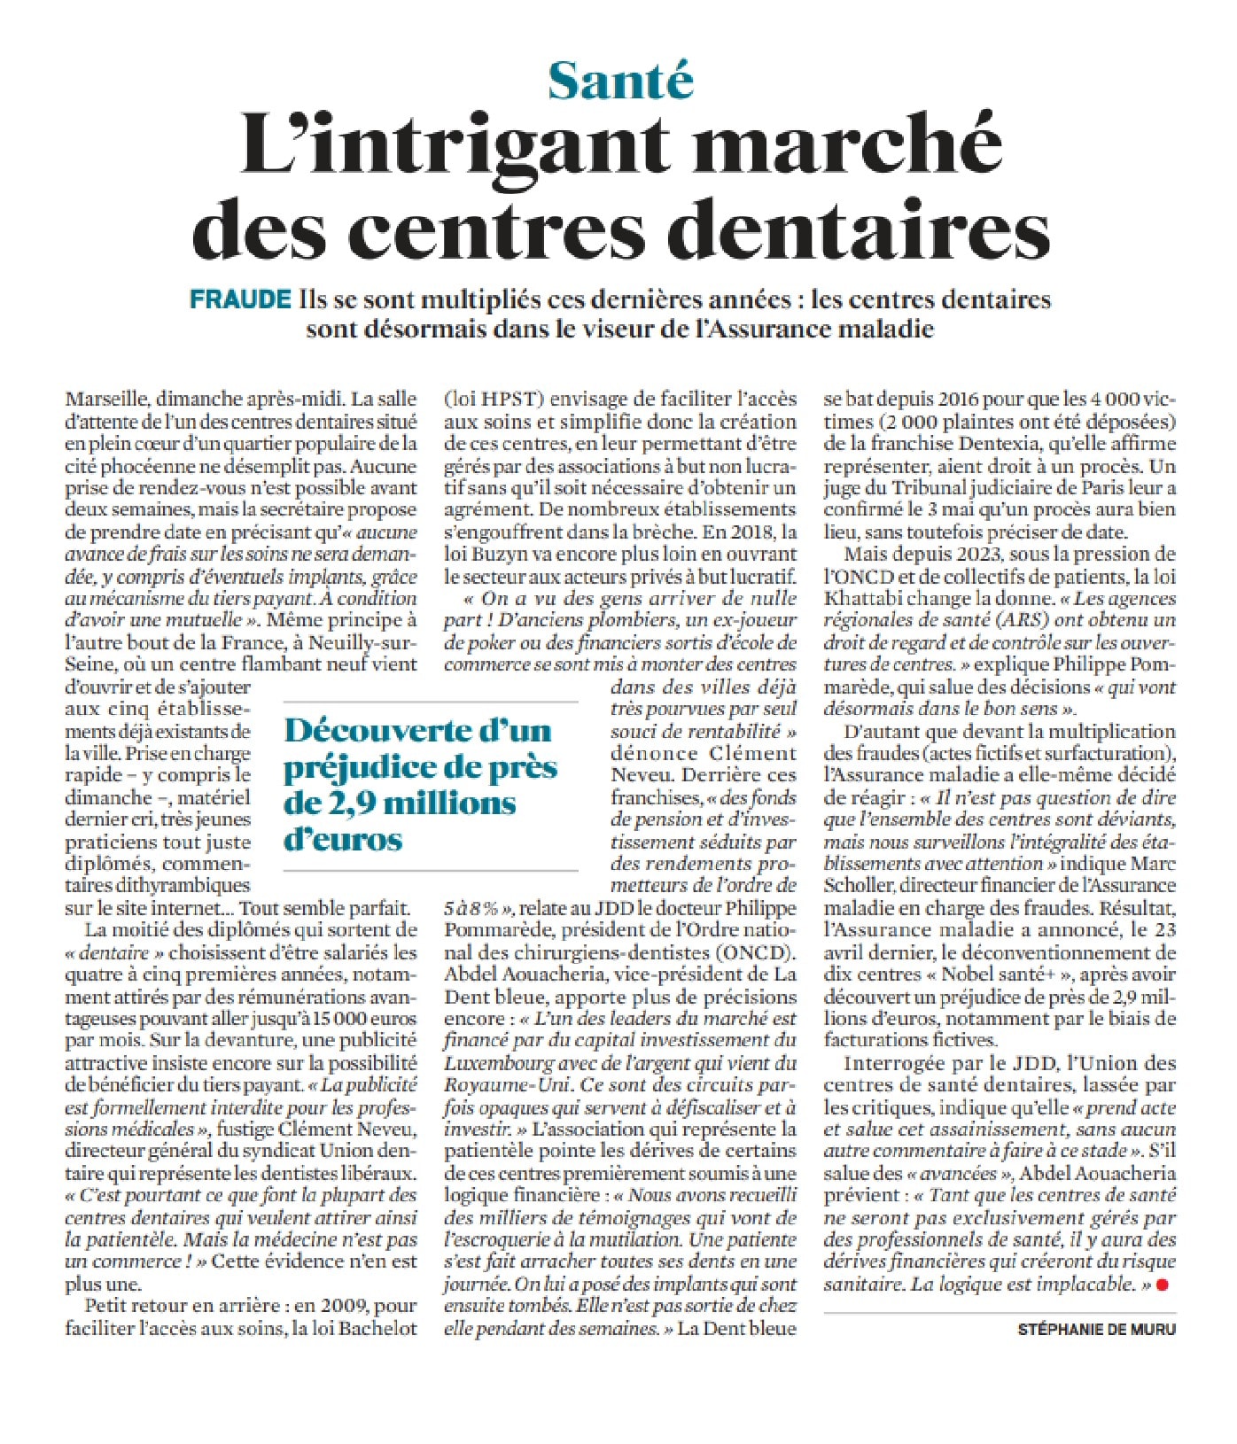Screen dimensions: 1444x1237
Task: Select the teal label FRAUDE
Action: click(x=240, y=299)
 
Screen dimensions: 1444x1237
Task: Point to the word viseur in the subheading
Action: click(x=667, y=329)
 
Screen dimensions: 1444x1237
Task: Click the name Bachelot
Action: click(x=377, y=1328)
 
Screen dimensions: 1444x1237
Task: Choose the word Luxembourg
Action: click(x=499, y=1062)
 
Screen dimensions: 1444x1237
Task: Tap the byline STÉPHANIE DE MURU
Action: click(x=1096, y=1330)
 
